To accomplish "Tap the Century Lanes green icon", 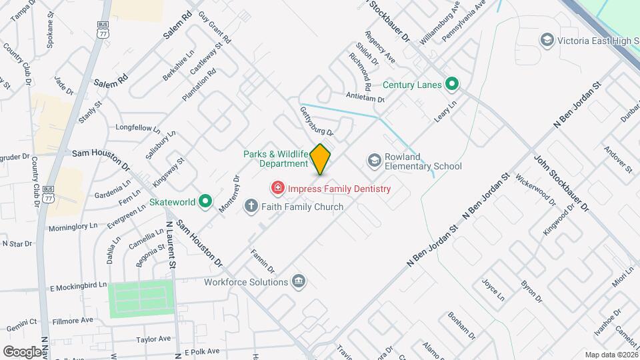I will pyautogui.click(x=453, y=84).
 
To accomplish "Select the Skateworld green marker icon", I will pyautogui.click(x=206, y=200).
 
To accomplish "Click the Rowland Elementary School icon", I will pyautogui.click(x=374, y=161).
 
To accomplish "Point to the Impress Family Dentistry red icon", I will pyautogui.click(x=276, y=189).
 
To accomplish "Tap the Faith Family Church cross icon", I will pyautogui.click(x=251, y=206).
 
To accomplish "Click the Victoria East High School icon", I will pyautogui.click(x=547, y=41).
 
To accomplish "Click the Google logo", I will pyautogui.click(x=22, y=351).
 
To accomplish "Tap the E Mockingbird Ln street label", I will pyautogui.click(x=79, y=287).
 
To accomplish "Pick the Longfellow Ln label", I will pyautogui.click(x=138, y=127).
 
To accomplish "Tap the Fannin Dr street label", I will pyautogui.click(x=263, y=261).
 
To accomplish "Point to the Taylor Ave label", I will pyautogui.click(x=150, y=339).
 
